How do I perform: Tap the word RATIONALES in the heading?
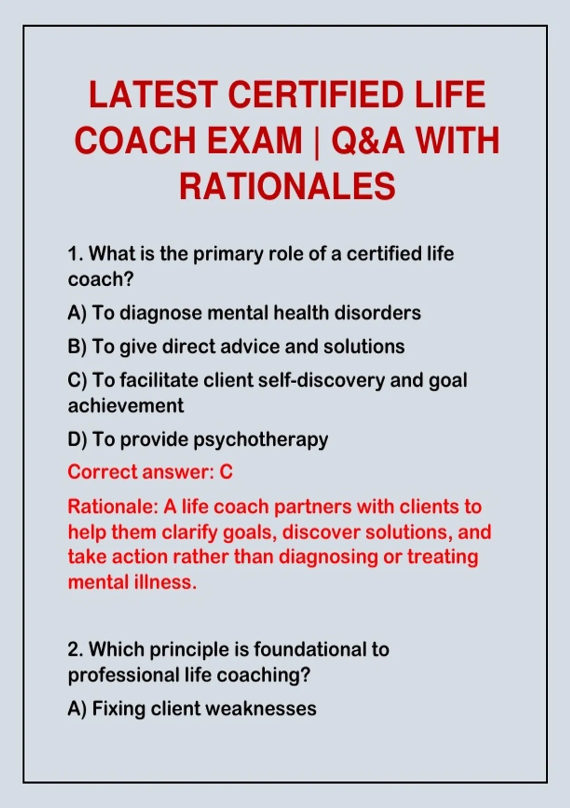(x=287, y=186)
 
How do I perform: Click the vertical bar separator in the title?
(x=316, y=142)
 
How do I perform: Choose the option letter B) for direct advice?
(x=77, y=346)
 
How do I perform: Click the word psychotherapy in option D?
(x=261, y=441)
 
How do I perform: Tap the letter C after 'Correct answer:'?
(x=226, y=472)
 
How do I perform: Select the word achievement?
(x=126, y=406)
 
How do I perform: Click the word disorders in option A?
(x=378, y=313)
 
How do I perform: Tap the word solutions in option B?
(x=364, y=346)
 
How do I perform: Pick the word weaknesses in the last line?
(x=261, y=709)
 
